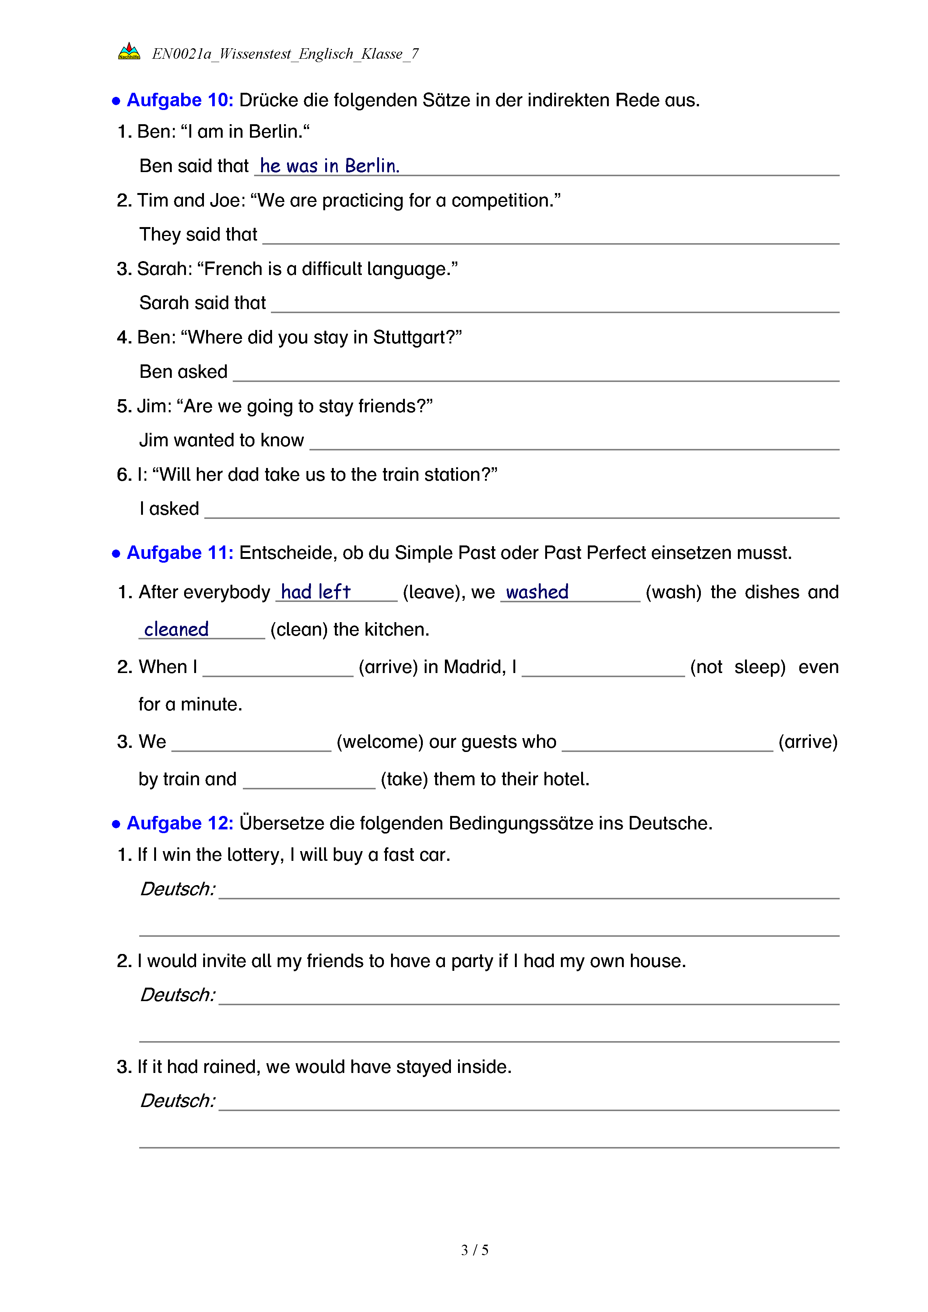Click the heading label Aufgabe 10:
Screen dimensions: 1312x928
point(180,100)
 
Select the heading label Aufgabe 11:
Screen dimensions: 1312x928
point(180,553)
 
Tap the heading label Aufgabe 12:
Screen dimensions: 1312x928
point(180,823)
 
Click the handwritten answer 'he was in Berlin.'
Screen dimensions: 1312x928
point(329,166)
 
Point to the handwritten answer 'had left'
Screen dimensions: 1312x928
point(315,591)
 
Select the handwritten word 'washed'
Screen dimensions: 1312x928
point(537,592)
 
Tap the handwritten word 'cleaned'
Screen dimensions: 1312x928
point(176,629)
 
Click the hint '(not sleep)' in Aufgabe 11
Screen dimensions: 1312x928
point(737,667)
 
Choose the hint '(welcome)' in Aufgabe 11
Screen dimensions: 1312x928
point(379,742)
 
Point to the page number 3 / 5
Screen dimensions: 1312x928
point(474,1250)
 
